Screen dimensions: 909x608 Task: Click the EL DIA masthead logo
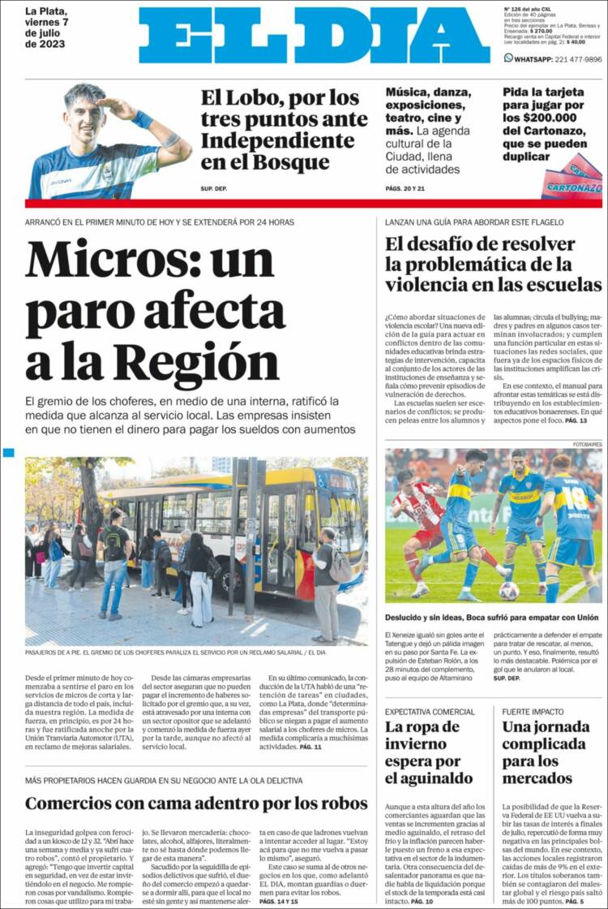tap(315, 36)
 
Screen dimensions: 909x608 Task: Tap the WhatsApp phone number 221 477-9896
tap(566, 59)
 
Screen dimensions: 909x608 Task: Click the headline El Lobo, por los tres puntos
tap(284, 129)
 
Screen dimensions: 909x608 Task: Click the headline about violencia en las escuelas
tap(493, 264)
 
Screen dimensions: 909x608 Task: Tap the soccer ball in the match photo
tap(509, 590)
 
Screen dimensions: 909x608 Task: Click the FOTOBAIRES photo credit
tap(587, 444)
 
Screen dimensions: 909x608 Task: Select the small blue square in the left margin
tap(8, 452)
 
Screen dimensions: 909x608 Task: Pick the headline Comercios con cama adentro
tap(196, 803)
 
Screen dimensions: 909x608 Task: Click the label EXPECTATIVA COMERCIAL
tap(430, 711)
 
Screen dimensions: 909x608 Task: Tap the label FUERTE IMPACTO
tap(532, 711)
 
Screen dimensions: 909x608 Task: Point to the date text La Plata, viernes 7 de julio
tap(54, 28)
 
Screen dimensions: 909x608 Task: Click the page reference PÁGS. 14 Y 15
tap(279, 901)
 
